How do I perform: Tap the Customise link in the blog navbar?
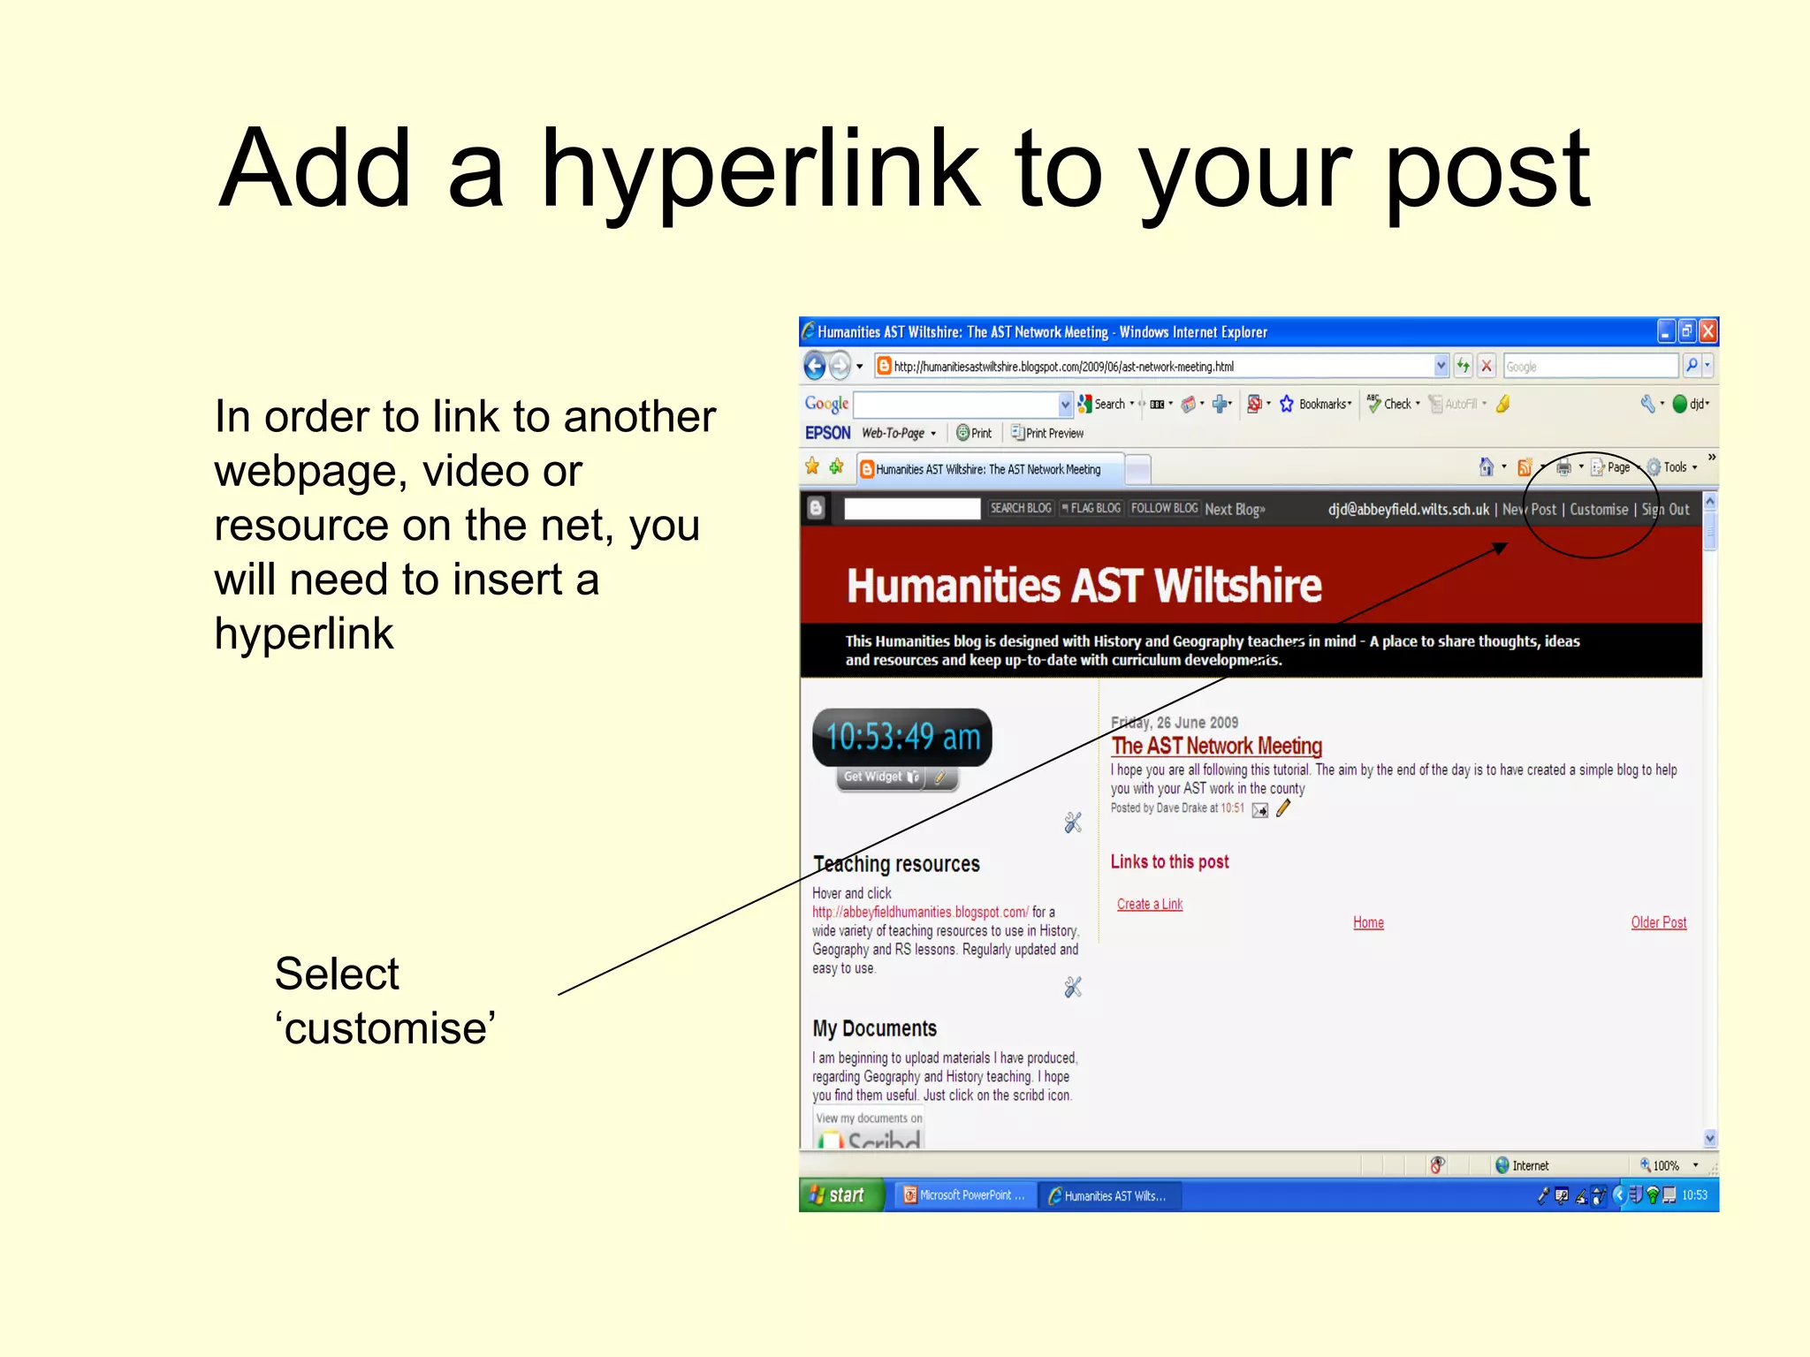1599,510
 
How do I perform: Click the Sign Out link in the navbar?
1665,510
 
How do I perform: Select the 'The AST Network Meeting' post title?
1216,747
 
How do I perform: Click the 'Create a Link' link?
1149,904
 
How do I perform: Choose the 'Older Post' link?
1658,922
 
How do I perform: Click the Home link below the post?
1368,922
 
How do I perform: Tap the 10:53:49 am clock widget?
902,737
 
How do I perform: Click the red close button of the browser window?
1708,331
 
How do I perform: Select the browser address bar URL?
1063,367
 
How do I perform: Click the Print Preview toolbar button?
1047,433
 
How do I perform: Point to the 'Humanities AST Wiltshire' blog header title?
1084,586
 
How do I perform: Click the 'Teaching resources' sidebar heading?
896,864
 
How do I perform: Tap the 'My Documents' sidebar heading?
874,1028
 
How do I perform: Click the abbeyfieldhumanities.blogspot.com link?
920,912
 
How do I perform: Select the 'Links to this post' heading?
1169,861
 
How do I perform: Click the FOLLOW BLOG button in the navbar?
1164,508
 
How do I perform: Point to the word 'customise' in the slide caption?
385,1028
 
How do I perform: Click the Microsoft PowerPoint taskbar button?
964,1195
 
